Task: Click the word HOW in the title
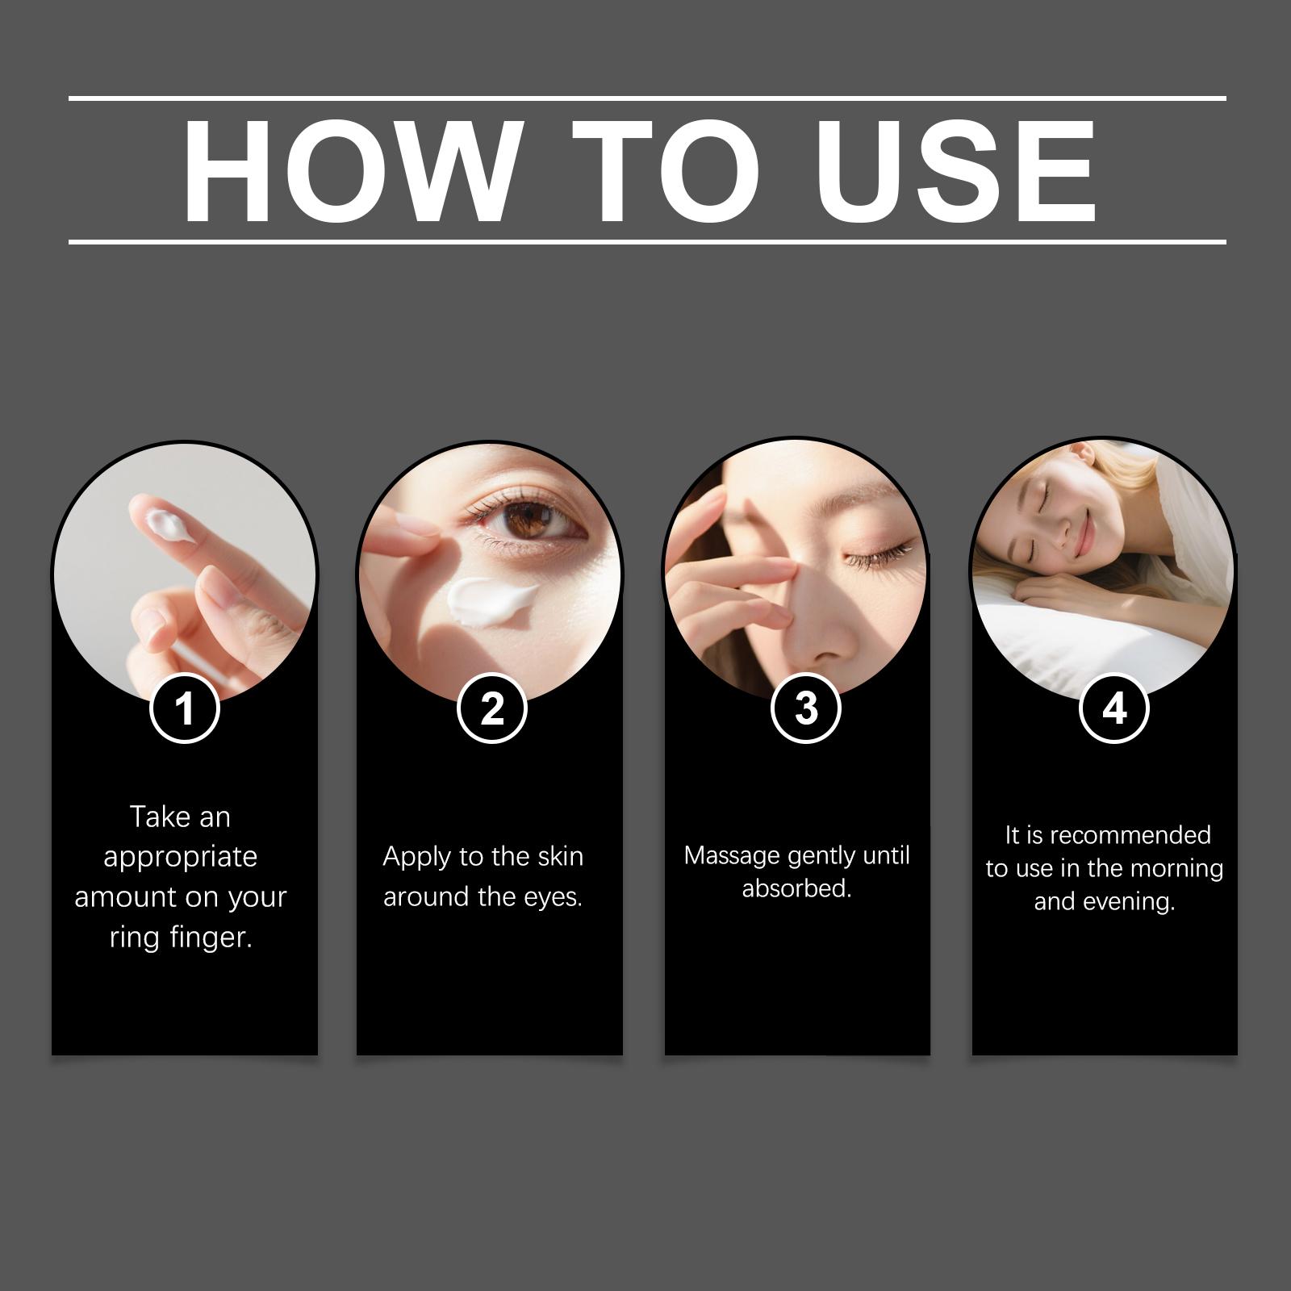pyautogui.click(x=349, y=171)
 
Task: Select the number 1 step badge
pyautogui.click(x=186, y=709)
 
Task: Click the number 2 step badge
pyautogui.click(x=491, y=709)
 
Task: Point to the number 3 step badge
pyautogui.click(x=806, y=708)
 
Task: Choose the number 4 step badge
pyautogui.click(x=1113, y=708)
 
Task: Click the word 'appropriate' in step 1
pyautogui.click(x=180, y=858)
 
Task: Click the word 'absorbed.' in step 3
pyautogui.click(x=797, y=888)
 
